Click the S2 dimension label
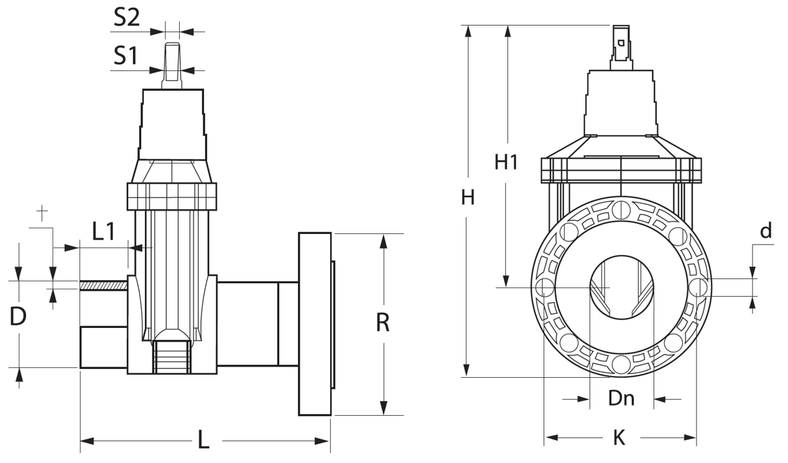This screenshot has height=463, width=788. pos(127,18)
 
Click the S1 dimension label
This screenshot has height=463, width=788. pos(126,57)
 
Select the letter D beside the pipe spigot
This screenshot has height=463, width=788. pos(19,317)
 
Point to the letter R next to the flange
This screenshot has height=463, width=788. pos(383,323)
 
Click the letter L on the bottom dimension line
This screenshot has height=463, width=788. pos(203,440)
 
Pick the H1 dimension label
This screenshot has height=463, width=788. pos(506,162)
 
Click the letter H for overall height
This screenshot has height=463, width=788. pos(468,198)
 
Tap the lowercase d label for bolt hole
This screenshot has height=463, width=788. pos(766,231)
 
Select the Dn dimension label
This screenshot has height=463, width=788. pos(621,398)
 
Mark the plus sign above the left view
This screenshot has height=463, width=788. pos(42,213)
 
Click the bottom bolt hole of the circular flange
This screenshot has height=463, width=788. pos(620,363)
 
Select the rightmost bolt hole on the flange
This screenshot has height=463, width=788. pos(698,287)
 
